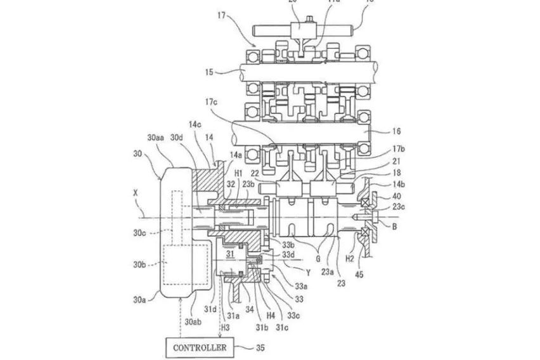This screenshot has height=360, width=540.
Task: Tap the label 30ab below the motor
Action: (x=193, y=322)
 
